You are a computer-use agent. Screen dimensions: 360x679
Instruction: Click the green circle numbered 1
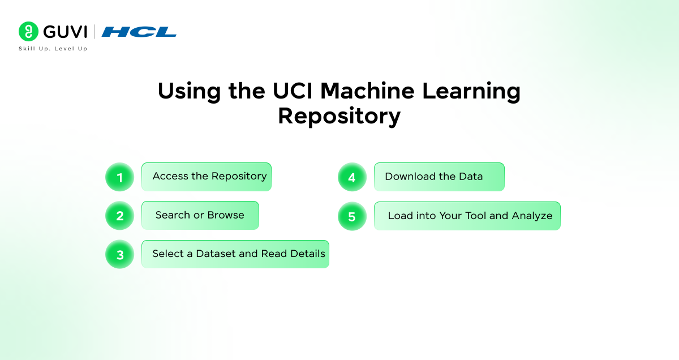119,178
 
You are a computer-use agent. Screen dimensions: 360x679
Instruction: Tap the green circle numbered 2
119,216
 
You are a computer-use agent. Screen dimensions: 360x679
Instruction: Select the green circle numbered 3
119,255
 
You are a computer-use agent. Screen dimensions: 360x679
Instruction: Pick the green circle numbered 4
352,178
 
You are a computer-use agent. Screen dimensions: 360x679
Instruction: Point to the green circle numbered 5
352,217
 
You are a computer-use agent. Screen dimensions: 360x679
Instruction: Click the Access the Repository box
207,177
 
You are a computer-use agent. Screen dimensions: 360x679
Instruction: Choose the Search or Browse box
200,215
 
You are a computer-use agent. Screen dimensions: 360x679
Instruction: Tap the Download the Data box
439,177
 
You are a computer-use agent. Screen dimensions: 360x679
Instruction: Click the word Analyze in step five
532,216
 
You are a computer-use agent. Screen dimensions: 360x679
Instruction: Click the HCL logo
139,32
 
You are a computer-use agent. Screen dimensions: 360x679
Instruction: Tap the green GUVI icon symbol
28,32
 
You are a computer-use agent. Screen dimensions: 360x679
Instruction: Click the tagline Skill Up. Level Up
53,49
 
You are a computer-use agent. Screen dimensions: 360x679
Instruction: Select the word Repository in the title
339,116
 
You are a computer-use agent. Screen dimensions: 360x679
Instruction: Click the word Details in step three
307,254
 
